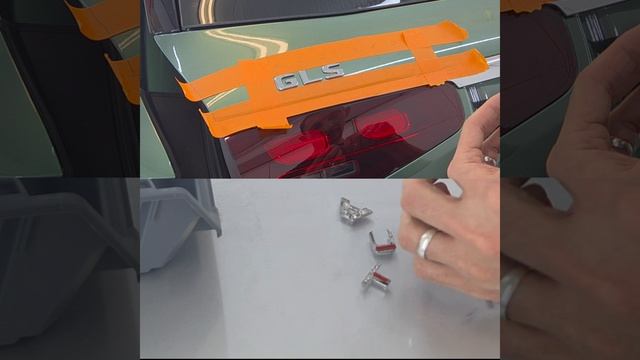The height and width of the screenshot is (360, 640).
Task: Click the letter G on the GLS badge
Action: [x=286, y=82]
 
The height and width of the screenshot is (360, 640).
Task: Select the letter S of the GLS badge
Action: [x=331, y=72]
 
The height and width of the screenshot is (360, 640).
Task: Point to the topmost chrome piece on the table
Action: [x=354, y=210]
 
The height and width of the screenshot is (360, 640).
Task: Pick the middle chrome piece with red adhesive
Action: [x=382, y=243]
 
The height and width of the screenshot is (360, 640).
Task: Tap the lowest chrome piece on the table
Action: [x=376, y=278]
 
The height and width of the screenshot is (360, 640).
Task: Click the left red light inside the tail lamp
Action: [x=304, y=146]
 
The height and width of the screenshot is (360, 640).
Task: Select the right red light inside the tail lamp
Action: [x=382, y=124]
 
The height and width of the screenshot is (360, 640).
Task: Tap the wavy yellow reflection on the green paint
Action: [x=245, y=41]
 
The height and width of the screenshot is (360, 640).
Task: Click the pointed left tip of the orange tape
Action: [x=178, y=81]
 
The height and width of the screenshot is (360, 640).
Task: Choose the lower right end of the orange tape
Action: [x=486, y=61]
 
